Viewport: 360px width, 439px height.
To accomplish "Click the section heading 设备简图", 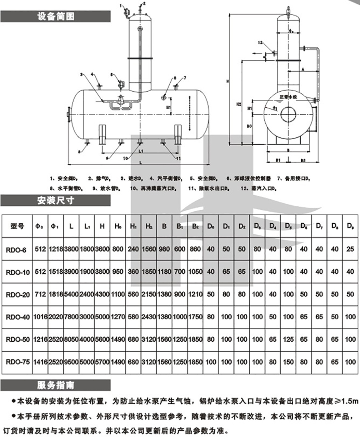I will pyautogui.click(x=56, y=16).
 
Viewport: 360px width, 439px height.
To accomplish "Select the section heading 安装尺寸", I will pyautogui.click(x=56, y=200).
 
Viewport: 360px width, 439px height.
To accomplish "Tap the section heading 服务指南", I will pyautogui.click(x=56, y=385).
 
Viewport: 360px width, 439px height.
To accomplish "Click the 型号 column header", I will pyautogui.click(x=17, y=226).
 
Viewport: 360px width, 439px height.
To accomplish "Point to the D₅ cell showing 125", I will pyautogui.click(x=288, y=339).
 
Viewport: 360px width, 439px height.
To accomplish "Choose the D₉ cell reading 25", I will pyautogui.click(x=350, y=249).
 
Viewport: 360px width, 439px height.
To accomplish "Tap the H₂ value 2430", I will pyautogui.click(x=148, y=317).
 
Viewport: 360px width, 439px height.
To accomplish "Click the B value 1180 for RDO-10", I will pyautogui.click(x=164, y=272).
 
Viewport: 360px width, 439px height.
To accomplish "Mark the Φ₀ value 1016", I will pyautogui.click(x=41, y=317).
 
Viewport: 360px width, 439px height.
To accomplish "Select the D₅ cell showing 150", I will pyautogui.click(x=288, y=362).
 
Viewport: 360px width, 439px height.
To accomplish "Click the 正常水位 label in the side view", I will pyautogui.click(x=288, y=97).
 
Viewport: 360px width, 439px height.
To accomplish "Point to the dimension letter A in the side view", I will pyautogui.click(x=303, y=69).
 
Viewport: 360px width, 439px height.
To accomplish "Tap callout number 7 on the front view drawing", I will pyautogui.click(x=185, y=77).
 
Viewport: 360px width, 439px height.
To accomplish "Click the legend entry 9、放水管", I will pyautogui.click(x=107, y=187).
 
